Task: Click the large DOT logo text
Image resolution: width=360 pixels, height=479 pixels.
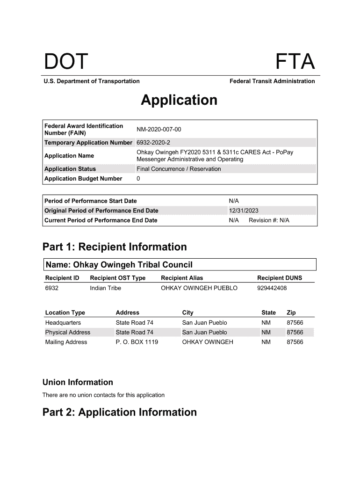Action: (66, 62)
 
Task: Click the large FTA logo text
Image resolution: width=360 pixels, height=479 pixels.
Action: (295, 62)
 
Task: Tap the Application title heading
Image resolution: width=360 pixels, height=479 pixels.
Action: (179, 100)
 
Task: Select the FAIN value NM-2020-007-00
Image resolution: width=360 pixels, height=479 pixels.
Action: (158, 129)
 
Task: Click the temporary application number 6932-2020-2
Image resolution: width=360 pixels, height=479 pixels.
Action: (153, 142)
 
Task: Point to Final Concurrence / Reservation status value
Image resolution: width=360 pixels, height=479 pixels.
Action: (179, 169)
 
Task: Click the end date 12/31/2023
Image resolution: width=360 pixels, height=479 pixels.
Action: (244, 210)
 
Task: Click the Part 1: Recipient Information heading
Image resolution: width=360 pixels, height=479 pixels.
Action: (115, 247)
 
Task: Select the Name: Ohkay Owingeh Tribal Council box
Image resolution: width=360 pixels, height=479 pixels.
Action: (180, 265)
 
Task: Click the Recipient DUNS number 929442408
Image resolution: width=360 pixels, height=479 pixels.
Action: (272, 288)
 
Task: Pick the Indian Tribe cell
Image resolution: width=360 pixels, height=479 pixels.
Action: (105, 288)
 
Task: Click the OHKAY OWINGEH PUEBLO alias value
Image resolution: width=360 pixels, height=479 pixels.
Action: (199, 288)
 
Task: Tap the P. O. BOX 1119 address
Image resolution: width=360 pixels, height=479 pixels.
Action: (137, 342)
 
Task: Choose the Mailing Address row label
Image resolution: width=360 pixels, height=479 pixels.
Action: (66, 342)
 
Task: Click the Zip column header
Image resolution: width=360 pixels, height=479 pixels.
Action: (291, 312)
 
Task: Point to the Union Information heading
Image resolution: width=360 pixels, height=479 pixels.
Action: (78, 382)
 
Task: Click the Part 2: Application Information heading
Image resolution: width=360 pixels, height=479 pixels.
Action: (120, 412)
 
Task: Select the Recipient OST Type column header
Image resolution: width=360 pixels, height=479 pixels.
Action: (117, 278)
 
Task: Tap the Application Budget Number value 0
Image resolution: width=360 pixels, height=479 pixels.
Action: (138, 179)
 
